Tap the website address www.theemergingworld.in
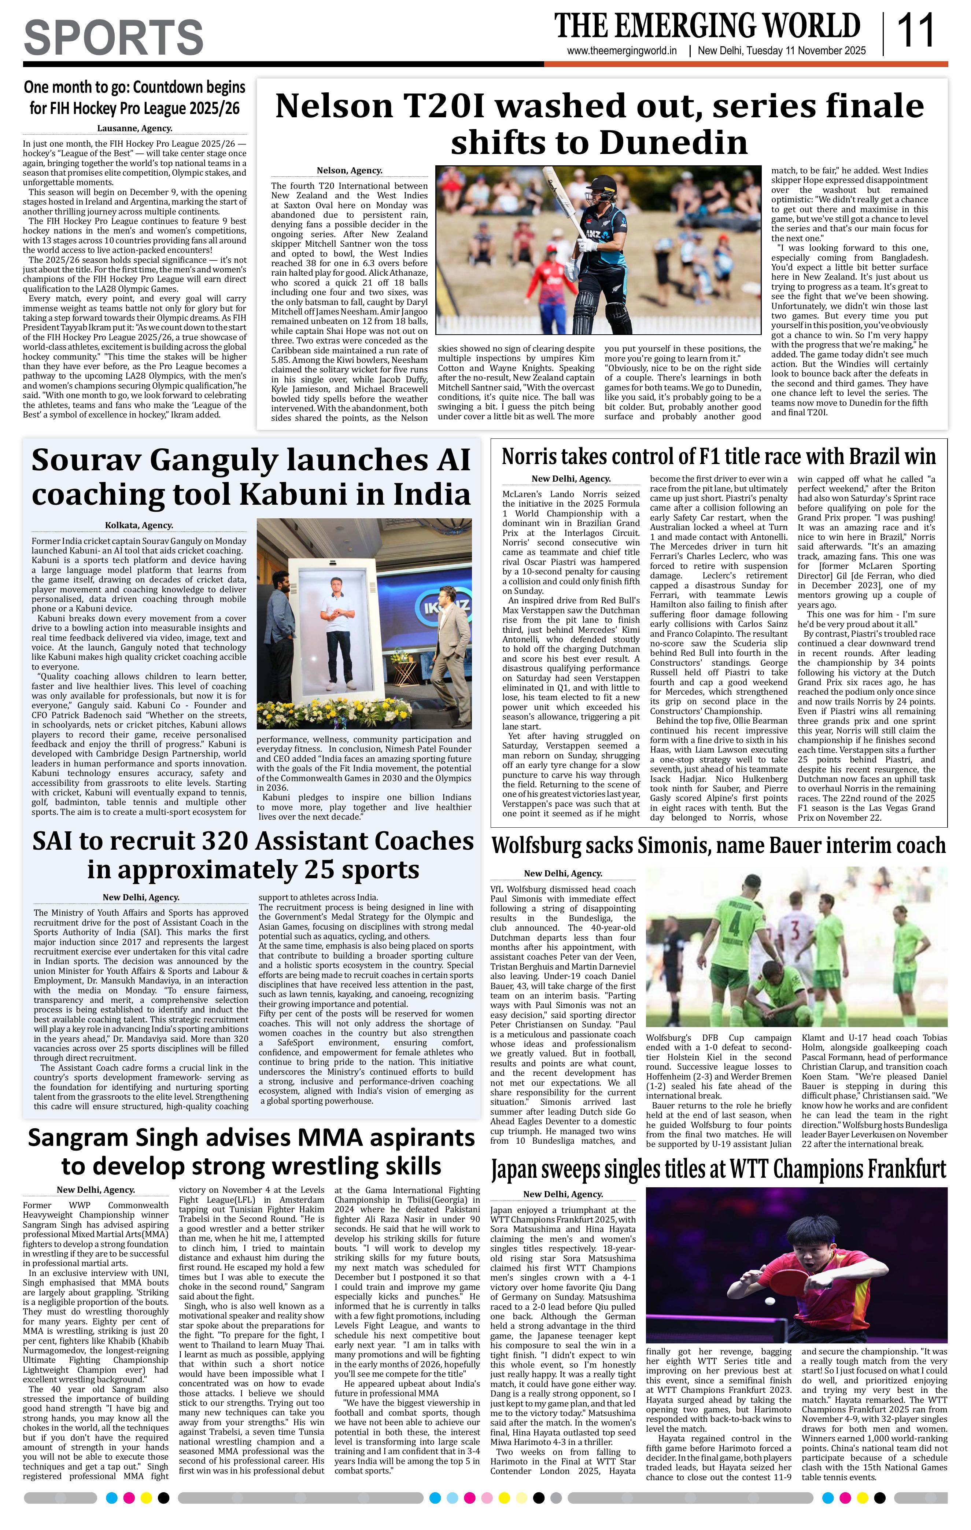(x=622, y=51)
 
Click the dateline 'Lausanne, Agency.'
(x=134, y=128)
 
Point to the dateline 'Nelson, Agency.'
(x=349, y=170)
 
